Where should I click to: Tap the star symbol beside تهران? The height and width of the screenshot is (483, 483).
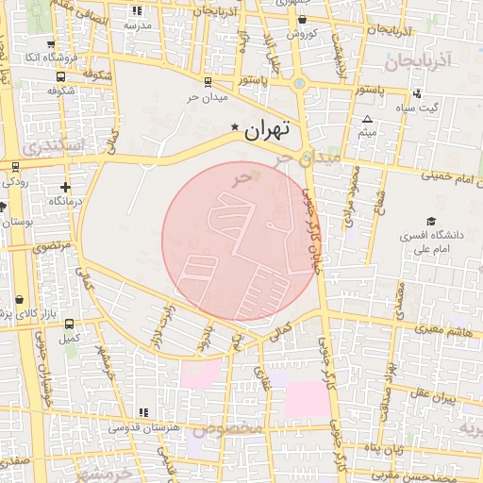(235, 127)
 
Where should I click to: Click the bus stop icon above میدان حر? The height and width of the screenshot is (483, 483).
(208, 82)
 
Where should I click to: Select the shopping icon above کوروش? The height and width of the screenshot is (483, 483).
(301, 20)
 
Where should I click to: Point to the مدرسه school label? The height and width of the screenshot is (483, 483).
(138, 25)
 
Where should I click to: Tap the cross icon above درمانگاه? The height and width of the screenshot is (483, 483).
(65, 187)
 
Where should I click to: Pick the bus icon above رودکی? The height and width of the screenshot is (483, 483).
(15, 166)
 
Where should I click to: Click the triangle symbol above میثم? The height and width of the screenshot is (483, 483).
(367, 118)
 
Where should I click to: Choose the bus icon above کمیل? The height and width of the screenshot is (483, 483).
(67, 323)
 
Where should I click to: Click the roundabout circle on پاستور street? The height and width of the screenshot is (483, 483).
(300, 83)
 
